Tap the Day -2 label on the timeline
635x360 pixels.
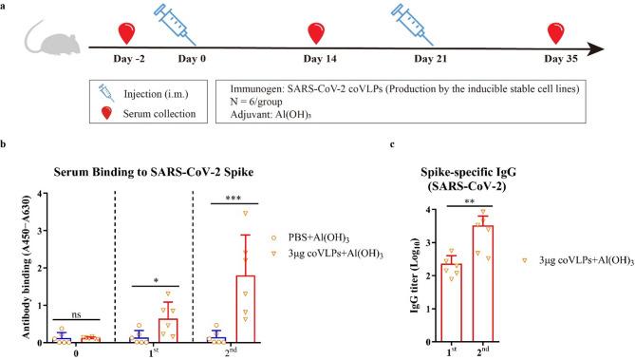click(x=127, y=58)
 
